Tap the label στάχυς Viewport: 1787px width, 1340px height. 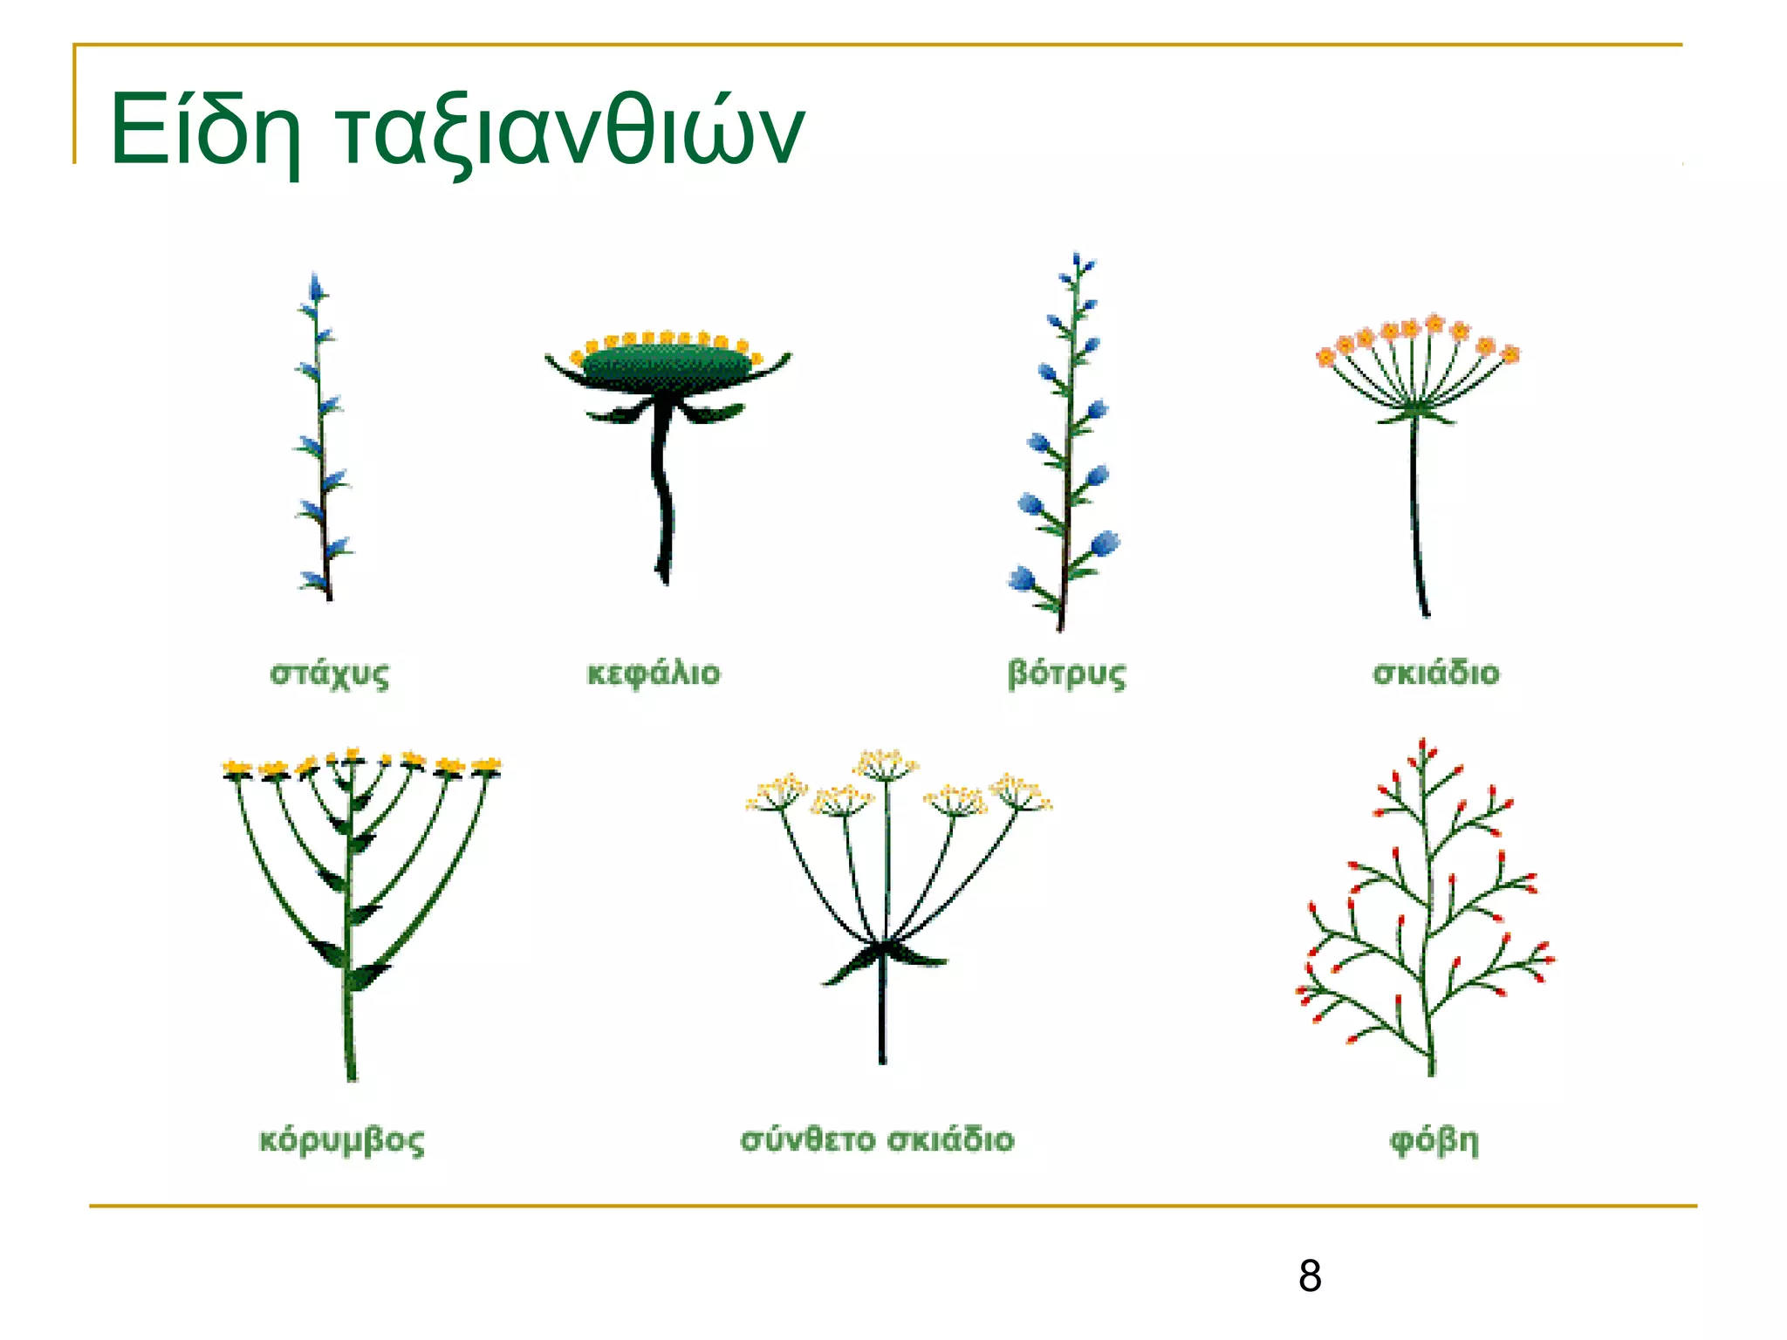pos(330,673)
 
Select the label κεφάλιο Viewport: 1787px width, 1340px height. pos(654,673)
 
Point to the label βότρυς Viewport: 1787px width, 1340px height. pos(1066,673)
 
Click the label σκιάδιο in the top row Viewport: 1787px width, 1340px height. pos(1435,673)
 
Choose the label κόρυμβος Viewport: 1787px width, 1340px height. pos(342,1141)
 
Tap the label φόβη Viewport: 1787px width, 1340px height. pos(1434,1141)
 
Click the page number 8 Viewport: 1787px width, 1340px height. pos(1309,1276)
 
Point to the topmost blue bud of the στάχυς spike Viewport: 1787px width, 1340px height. pos(316,286)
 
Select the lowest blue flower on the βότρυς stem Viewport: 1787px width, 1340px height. pos(1022,578)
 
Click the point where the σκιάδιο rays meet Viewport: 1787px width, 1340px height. pos(1415,408)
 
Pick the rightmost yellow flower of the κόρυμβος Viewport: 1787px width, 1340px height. pos(487,767)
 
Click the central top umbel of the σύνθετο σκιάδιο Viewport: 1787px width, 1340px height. pos(886,763)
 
